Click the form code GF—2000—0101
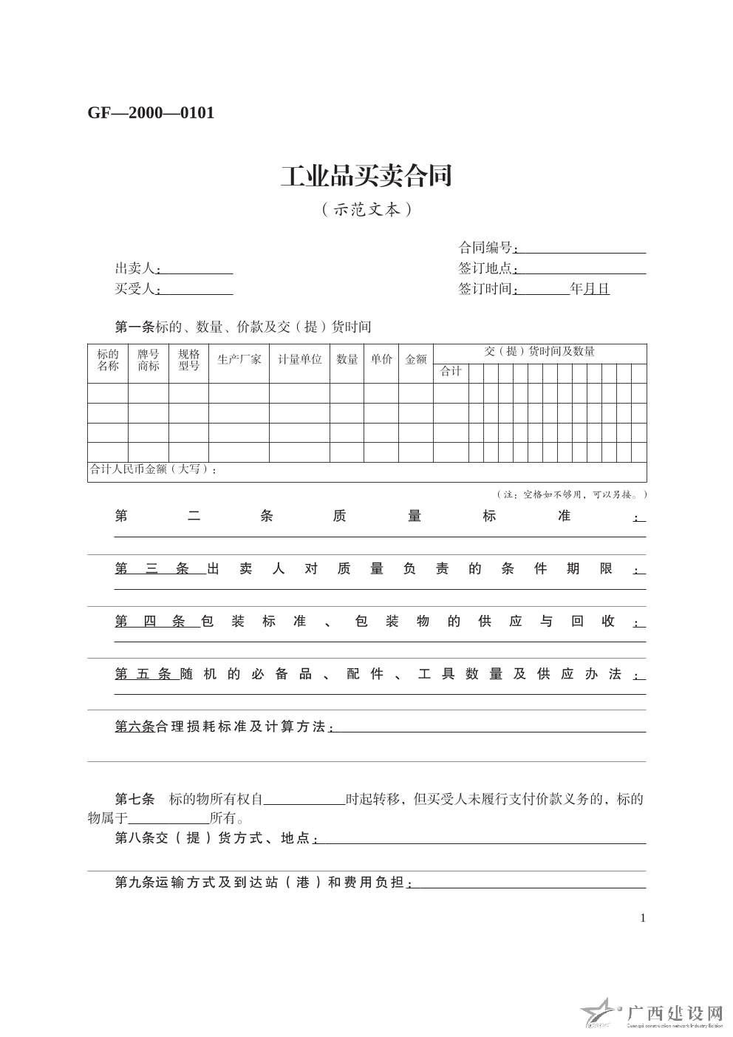[x=151, y=113]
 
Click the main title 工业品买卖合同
[x=366, y=176]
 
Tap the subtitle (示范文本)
[x=366, y=210]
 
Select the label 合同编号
[x=485, y=248]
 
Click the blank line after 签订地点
[x=582, y=269]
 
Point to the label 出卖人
[x=135, y=269]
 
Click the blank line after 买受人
[x=197, y=290]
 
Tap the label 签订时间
[x=485, y=289]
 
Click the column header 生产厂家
[x=239, y=360]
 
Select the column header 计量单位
[x=299, y=360]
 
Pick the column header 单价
[x=381, y=360]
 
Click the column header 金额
[x=415, y=360]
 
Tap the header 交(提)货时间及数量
[x=539, y=352]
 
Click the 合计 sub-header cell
[x=451, y=371]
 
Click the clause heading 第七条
[x=134, y=799]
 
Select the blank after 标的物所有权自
[x=304, y=800]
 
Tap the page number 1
[x=643, y=918]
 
